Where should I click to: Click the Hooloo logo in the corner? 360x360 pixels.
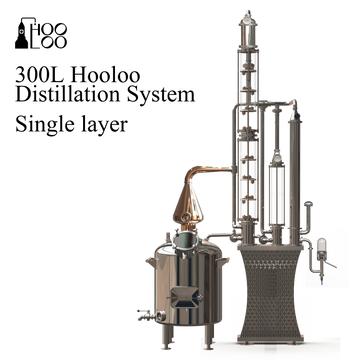point(41,33)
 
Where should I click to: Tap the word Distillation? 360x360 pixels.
point(67,94)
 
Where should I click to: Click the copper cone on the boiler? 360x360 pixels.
point(188,204)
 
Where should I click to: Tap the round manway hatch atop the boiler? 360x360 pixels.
point(186,242)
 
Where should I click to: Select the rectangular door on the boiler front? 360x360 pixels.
point(186,297)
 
